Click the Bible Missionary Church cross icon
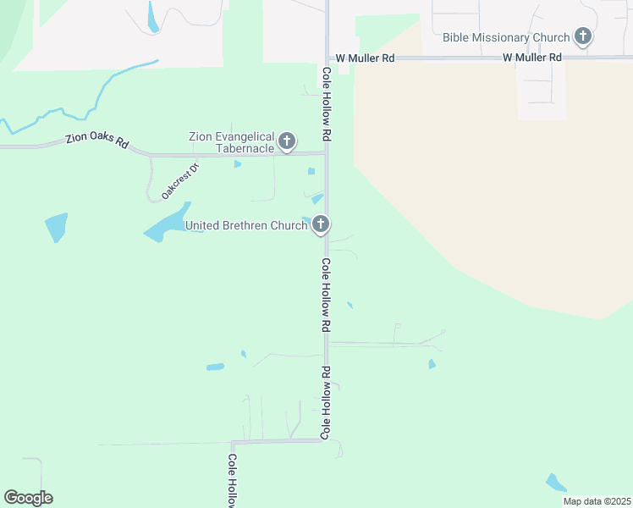tap(582, 36)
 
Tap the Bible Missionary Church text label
tap(506, 37)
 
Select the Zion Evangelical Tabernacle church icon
tap(287, 141)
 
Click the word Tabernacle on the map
tap(244, 148)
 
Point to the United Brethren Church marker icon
tap(320, 224)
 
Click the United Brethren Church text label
tap(245, 225)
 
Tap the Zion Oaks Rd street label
tap(97, 141)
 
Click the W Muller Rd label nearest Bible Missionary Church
tap(531, 58)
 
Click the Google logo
tap(28, 497)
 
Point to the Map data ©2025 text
tap(596, 501)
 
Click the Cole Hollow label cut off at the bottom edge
tap(232, 480)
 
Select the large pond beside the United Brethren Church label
tap(167, 223)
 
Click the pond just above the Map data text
tap(555, 483)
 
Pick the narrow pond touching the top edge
tap(152, 17)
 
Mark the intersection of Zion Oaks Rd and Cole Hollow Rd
tap(327, 153)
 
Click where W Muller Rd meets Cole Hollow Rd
tap(328, 58)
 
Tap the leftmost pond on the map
tap(56, 226)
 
